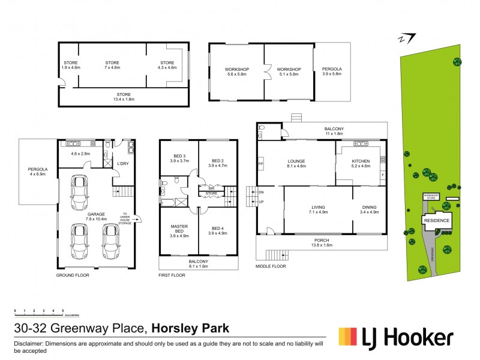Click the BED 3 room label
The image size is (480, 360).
[178, 157]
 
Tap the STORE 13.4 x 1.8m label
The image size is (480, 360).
[124, 97]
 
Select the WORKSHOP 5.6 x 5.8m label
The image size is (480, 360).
[237, 73]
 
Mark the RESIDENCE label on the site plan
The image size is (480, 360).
[436, 220]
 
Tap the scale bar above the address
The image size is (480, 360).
[40, 312]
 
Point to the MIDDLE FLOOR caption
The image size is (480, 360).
[271, 266]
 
